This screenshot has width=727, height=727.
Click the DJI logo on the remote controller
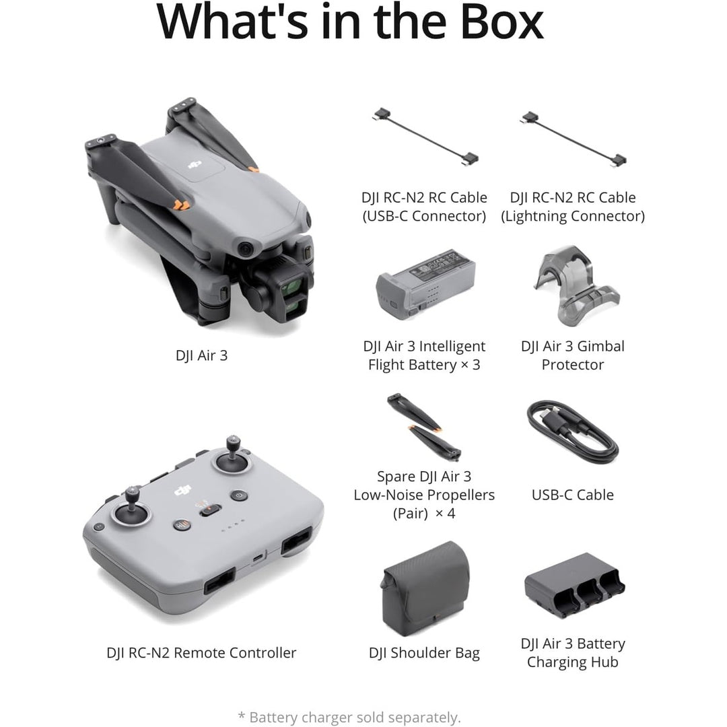point(182,492)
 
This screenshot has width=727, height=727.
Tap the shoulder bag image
point(424,588)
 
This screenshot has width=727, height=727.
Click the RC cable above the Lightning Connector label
point(573,139)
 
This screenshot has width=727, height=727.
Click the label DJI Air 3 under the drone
point(201,355)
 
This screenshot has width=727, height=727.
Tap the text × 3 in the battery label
point(470,365)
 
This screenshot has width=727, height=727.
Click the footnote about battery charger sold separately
point(349,718)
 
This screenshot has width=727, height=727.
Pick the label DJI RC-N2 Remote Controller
point(201,652)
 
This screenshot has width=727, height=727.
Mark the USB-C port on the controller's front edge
point(258,557)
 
